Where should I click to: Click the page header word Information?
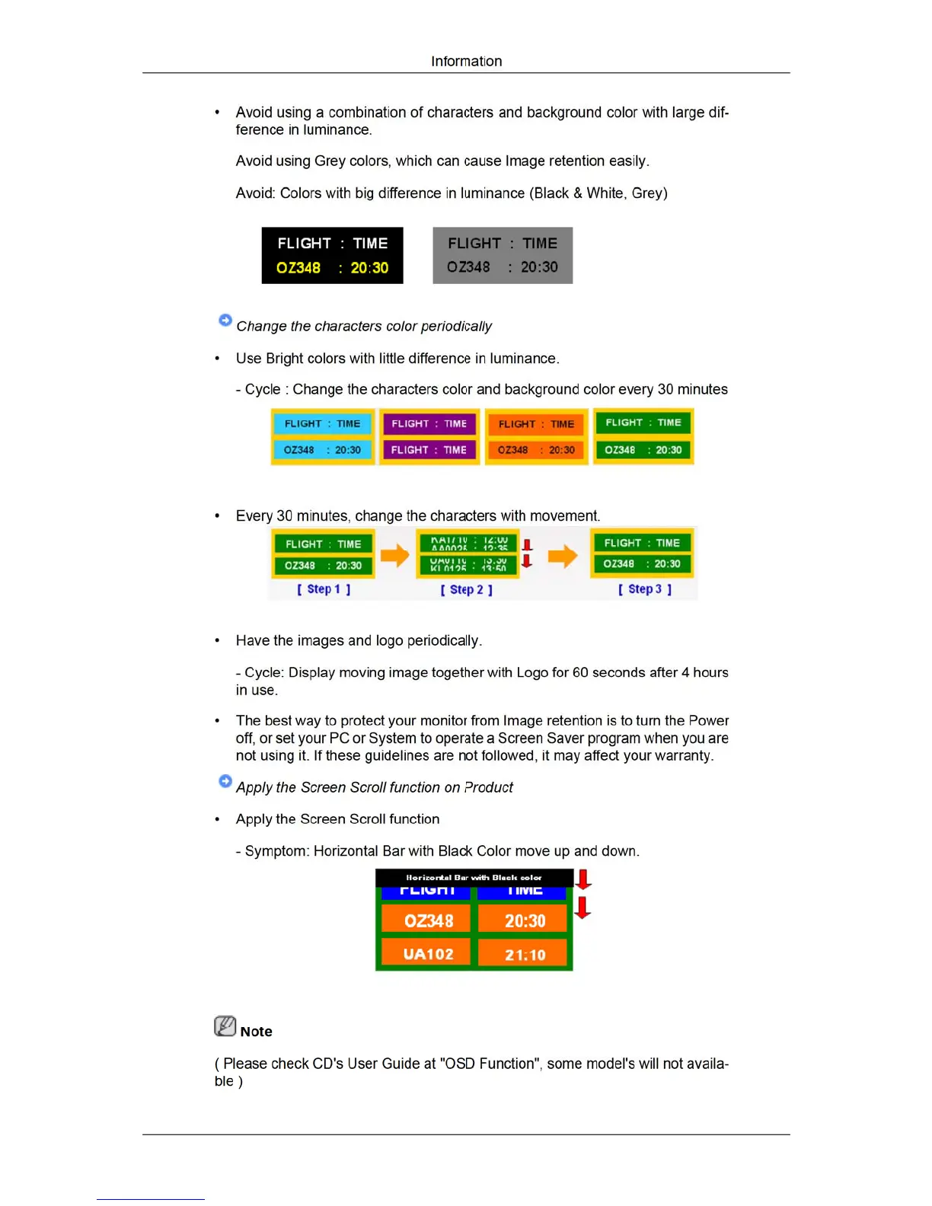point(466,61)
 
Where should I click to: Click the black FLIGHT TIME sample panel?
point(332,255)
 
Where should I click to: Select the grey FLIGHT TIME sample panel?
point(503,255)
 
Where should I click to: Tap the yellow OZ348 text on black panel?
point(298,268)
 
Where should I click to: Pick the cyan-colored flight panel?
point(323,436)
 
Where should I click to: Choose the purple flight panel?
point(429,436)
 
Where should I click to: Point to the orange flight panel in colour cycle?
point(536,436)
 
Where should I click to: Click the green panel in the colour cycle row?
point(643,436)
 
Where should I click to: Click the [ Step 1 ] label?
point(324,589)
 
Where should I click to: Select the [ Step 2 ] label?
point(467,589)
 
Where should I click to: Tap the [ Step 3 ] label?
point(645,589)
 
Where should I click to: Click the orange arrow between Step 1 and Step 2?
point(394,556)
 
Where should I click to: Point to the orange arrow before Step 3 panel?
point(562,556)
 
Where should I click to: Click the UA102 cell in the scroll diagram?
point(427,954)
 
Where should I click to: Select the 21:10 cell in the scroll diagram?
point(525,954)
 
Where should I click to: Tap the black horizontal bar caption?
point(474,878)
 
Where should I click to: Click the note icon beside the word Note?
point(225,1026)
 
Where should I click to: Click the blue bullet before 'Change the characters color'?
point(225,321)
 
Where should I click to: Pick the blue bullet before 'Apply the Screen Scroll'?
point(225,781)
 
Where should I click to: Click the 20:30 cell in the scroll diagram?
point(525,920)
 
